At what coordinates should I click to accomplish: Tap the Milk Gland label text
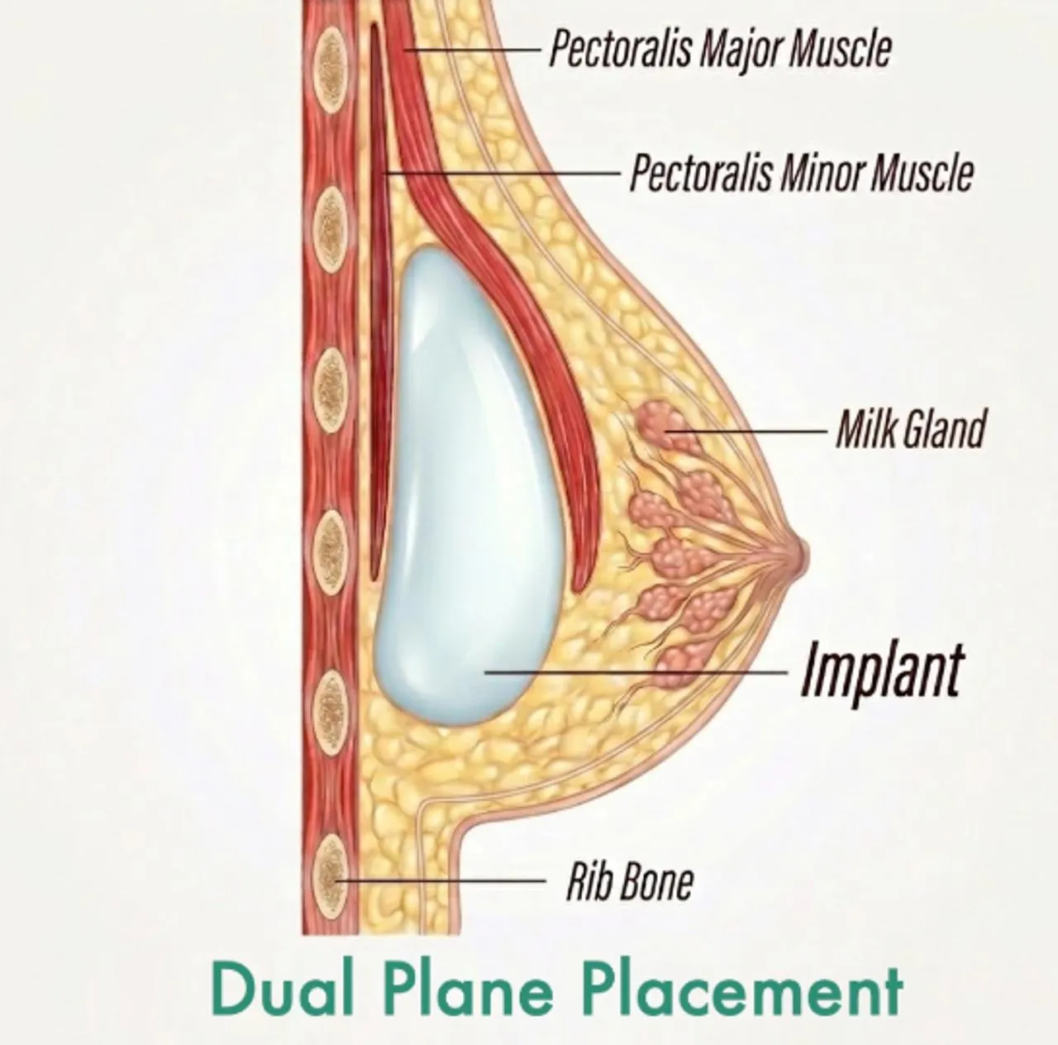[910, 430]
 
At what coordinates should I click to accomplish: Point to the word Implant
[881, 672]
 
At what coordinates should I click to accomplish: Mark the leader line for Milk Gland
[746, 432]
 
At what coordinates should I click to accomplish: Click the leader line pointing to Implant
[636, 672]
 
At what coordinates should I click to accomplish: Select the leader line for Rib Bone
[441, 880]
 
